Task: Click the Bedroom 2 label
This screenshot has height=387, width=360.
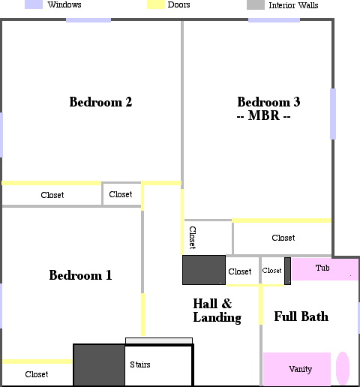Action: pos(100,102)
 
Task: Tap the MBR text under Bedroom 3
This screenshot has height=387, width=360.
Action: pos(264,115)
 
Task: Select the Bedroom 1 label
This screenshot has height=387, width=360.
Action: pos(80,275)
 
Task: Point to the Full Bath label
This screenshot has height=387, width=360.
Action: pos(301,316)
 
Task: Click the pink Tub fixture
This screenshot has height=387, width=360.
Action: pos(325,269)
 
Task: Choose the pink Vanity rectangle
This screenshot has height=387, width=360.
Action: pos(297,369)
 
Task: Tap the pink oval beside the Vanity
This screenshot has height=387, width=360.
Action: pos(343,368)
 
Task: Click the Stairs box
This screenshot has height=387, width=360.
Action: pos(159,365)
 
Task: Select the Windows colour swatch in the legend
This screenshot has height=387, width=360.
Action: pos(34,4)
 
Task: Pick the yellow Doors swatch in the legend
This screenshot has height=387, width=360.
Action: pos(156,4)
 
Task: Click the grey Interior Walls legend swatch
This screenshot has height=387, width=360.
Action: pos(256,5)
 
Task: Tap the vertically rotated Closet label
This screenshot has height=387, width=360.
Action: pos(192,238)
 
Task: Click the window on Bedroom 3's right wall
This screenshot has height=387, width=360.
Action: pos(333,114)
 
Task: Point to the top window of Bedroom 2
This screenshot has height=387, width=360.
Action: pos(88,20)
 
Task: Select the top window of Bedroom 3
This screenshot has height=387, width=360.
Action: pos(274,20)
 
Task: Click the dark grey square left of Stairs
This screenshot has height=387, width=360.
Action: pos(99,364)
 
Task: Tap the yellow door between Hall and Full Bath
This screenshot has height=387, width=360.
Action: pos(261,304)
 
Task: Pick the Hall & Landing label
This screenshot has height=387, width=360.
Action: pos(217,310)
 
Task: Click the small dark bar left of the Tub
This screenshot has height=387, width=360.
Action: pos(287,271)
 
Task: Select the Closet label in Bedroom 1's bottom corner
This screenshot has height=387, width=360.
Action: pos(37,374)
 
